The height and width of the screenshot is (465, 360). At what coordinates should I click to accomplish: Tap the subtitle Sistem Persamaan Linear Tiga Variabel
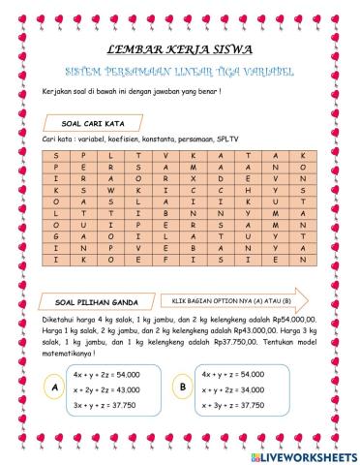pyautogui.click(x=180, y=72)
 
